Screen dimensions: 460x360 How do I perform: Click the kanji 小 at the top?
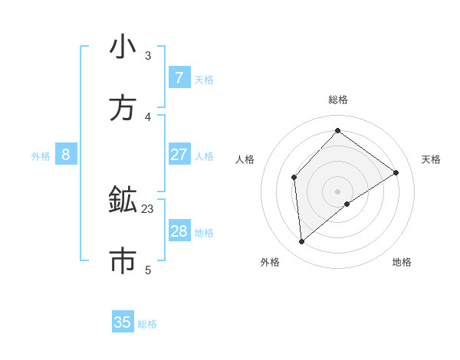(123, 47)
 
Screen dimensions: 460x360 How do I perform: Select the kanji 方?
(123, 109)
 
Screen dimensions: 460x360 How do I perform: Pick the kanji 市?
(123, 262)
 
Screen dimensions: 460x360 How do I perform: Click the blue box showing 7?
(179, 78)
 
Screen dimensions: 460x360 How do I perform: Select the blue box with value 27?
(179, 155)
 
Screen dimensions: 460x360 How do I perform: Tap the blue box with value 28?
(179, 231)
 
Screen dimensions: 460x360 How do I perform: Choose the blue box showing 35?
(123, 322)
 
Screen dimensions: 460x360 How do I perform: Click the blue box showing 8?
(66, 155)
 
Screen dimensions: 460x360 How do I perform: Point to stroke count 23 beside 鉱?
(148, 208)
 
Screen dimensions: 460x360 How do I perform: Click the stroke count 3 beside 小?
(148, 55)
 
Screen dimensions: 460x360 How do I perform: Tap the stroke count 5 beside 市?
(148, 270)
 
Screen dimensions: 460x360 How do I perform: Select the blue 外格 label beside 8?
(41, 155)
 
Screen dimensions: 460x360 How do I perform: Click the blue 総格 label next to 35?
(147, 324)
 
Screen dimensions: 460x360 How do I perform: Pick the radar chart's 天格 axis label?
(431, 159)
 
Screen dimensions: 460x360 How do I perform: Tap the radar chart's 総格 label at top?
(337, 100)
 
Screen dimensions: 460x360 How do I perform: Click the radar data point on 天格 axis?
(396, 172)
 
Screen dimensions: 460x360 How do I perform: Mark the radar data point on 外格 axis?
(302, 242)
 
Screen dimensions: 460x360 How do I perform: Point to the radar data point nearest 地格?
(347, 204)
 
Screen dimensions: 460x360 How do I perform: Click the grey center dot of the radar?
(337, 191)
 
